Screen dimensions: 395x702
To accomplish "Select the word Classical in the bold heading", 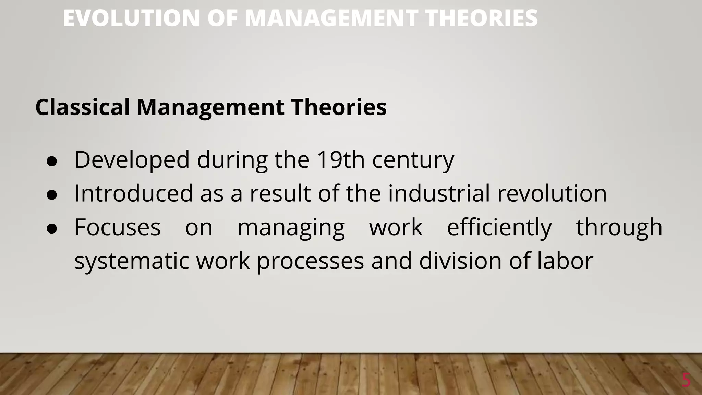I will [x=83, y=107].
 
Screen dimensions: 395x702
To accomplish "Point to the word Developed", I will [x=132, y=160].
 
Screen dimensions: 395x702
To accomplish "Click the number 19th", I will [x=340, y=160].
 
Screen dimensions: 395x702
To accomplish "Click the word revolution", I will [x=552, y=193].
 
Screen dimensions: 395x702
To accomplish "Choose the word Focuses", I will [x=118, y=227].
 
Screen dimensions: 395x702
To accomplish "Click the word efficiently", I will [x=499, y=228].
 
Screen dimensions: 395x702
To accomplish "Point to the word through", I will [x=619, y=228].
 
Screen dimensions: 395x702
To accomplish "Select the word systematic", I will [x=132, y=261].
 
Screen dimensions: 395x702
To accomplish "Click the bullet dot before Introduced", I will [x=52, y=195].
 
